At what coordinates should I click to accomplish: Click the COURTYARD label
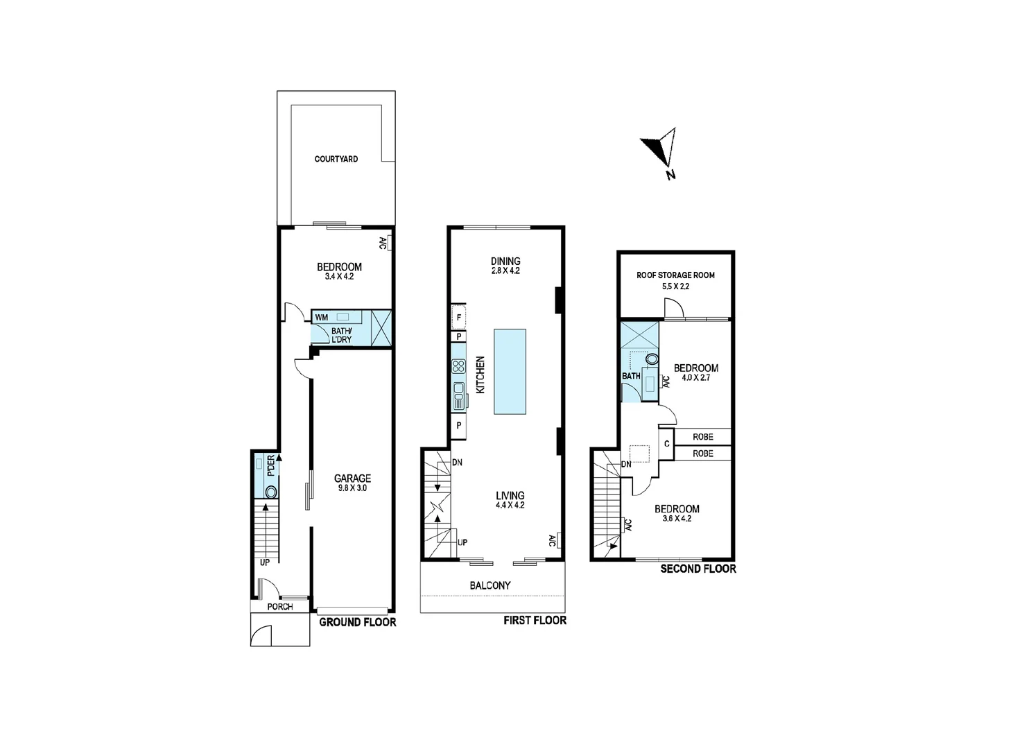click(x=336, y=159)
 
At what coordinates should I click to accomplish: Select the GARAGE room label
click(x=352, y=478)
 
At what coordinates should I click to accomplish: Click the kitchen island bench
click(x=510, y=371)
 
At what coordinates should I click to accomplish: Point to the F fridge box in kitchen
click(x=458, y=318)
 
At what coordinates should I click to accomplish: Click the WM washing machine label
click(x=322, y=318)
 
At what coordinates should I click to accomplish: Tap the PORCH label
click(x=280, y=607)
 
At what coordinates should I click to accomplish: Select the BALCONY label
click(x=490, y=585)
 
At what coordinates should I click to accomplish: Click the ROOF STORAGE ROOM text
click(x=675, y=275)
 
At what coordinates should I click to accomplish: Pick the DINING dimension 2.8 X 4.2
click(x=505, y=271)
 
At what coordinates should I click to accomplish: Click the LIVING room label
click(x=510, y=495)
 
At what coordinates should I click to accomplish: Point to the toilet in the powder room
click(x=270, y=491)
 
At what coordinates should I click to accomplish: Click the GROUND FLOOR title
click(x=357, y=622)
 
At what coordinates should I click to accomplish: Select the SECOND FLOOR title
click(x=698, y=569)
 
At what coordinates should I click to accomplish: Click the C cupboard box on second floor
click(x=667, y=444)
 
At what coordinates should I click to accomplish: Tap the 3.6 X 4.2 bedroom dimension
click(x=677, y=518)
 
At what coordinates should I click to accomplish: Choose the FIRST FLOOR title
click(x=535, y=620)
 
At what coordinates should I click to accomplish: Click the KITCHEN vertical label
click(x=480, y=375)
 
